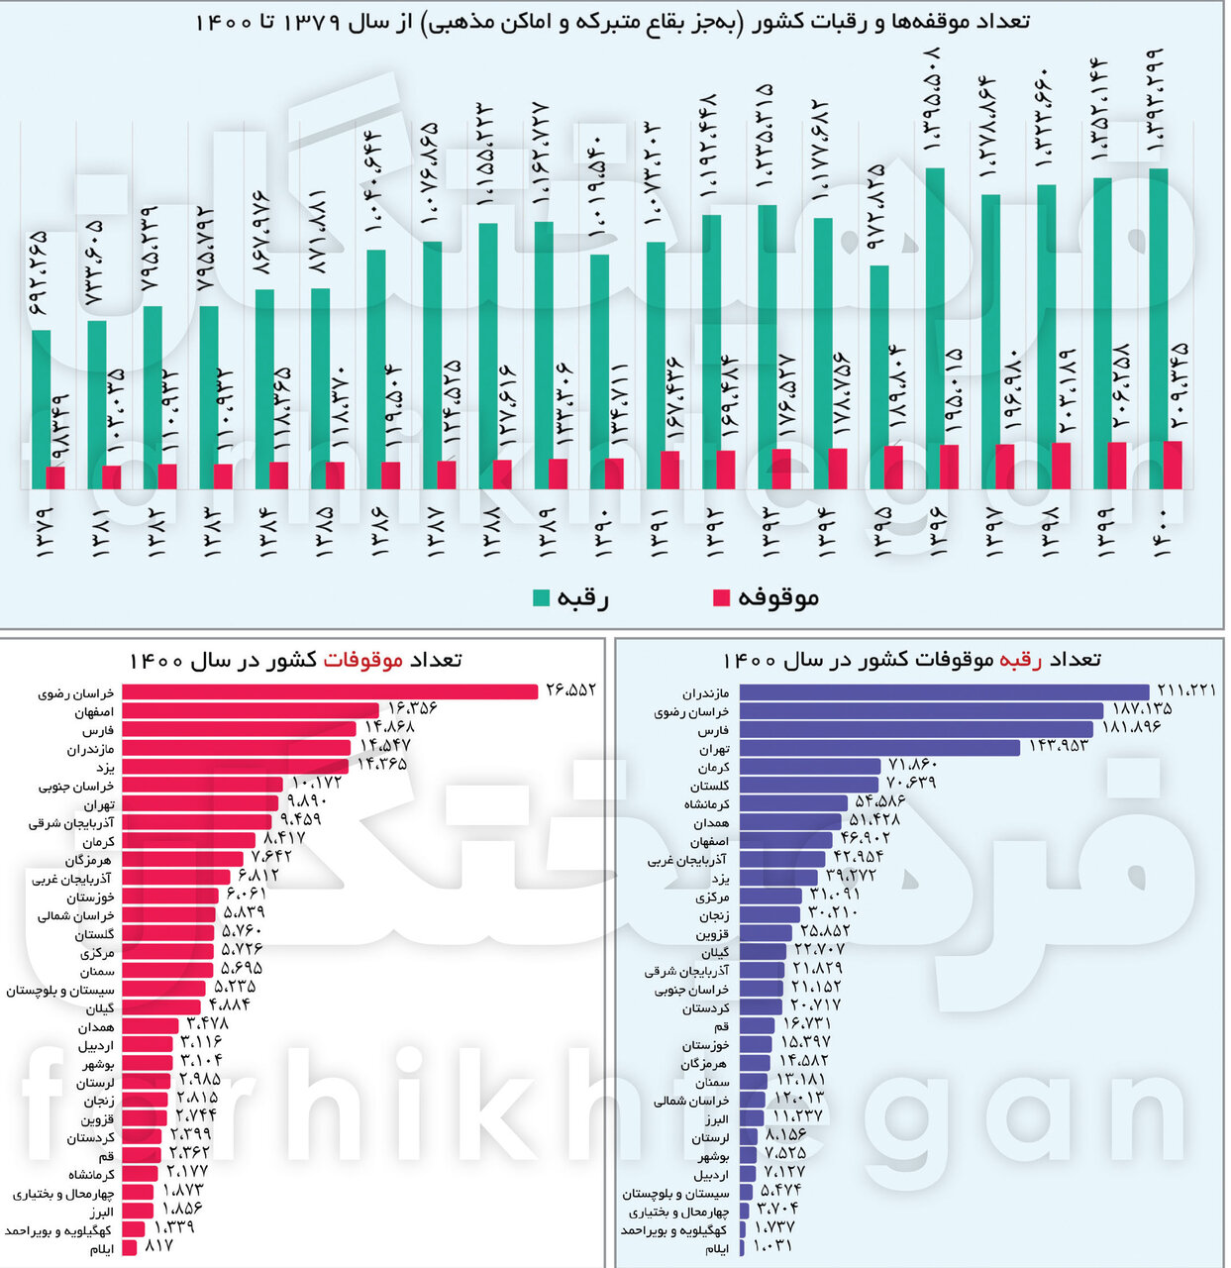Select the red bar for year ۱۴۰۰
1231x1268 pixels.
click(x=1174, y=465)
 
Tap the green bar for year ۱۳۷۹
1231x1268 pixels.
click(x=41, y=396)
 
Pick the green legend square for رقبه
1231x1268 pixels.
click(x=542, y=597)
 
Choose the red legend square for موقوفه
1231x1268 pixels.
click(x=721, y=597)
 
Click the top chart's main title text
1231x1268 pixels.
click(x=612, y=22)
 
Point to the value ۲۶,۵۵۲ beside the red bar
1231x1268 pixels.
click(x=570, y=690)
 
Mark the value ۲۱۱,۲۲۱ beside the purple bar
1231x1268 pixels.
click(x=1185, y=690)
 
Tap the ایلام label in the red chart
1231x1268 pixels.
click(x=101, y=1250)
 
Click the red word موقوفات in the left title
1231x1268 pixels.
click(x=363, y=660)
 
